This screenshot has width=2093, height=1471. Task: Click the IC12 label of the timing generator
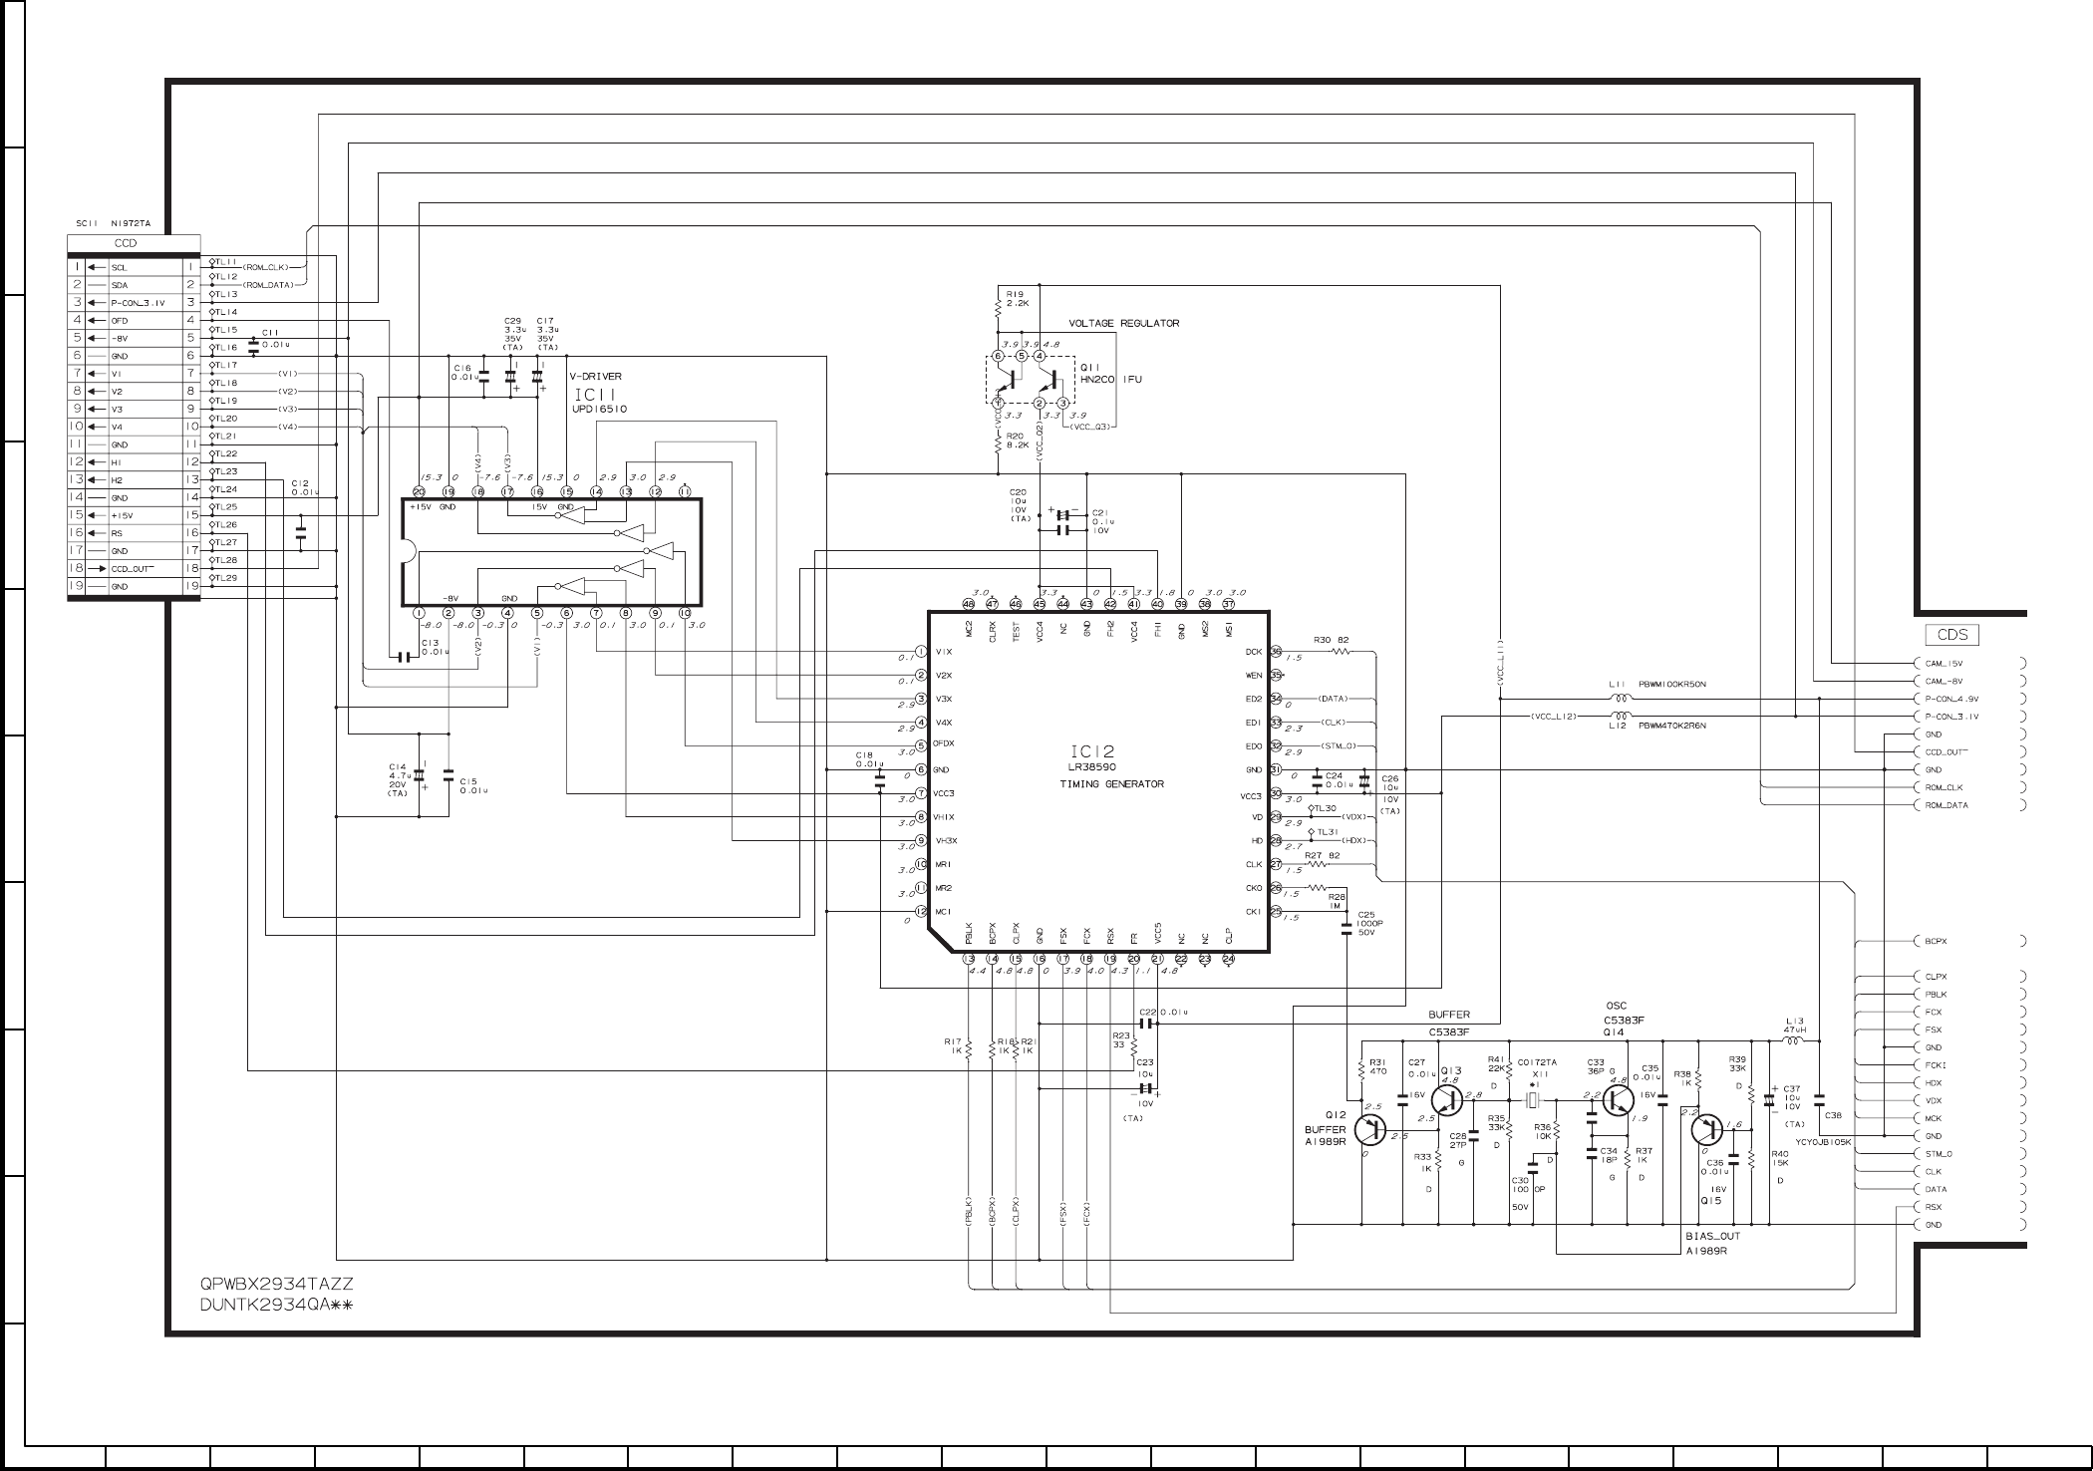point(1092,751)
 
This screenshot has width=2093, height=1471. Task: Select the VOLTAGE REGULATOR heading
point(1123,323)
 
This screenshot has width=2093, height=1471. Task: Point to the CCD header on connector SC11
point(126,243)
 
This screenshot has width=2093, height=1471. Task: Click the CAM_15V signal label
point(1944,663)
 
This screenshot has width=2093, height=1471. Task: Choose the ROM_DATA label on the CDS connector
point(1946,805)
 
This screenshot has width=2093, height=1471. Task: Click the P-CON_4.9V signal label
point(1951,699)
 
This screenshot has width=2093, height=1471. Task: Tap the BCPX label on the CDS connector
point(1936,941)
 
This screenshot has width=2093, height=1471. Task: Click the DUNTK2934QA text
point(275,1306)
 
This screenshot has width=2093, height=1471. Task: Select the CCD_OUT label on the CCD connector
point(133,568)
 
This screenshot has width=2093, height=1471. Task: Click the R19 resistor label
point(1015,294)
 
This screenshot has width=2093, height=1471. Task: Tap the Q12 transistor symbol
point(1372,1128)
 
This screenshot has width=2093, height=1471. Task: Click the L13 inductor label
point(1794,1020)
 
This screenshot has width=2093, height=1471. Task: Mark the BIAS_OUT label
point(1712,1237)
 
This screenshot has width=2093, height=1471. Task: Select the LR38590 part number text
point(1092,767)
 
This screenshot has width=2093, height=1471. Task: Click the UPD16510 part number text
point(599,409)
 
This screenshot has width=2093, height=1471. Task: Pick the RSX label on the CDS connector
point(1934,1207)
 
